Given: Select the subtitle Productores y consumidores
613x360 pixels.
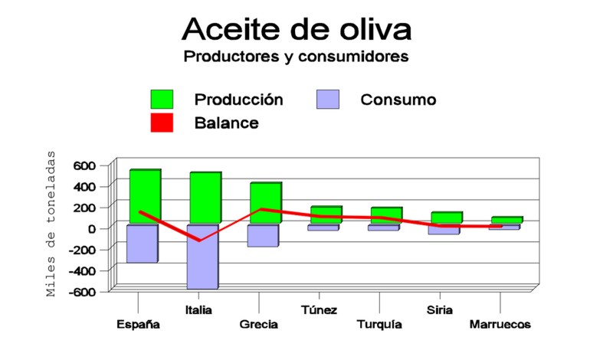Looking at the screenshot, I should pyautogui.click(x=296, y=57).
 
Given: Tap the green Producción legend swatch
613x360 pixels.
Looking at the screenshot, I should pyautogui.click(x=162, y=99).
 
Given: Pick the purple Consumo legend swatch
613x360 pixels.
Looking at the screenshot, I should pyautogui.click(x=328, y=99).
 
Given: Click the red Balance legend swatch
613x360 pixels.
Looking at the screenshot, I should pyautogui.click(x=162, y=122).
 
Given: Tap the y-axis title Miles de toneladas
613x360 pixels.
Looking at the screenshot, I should pyautogui.click(x=51, y=223).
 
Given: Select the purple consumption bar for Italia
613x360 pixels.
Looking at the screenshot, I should pyautogui.click(x=202, y=257).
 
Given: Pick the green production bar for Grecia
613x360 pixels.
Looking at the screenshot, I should pyautogui.click(x=265, y=203).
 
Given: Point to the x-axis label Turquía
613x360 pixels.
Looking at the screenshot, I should pyautogui.click(x=379, y=325).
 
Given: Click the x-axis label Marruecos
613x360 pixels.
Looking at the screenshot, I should pyautogui.click(x=500, y=325).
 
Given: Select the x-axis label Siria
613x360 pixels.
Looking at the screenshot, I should pyautogui.click(x=439, y=310).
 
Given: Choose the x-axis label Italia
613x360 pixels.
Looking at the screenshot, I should pyautogui.click(x=199, y=310).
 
